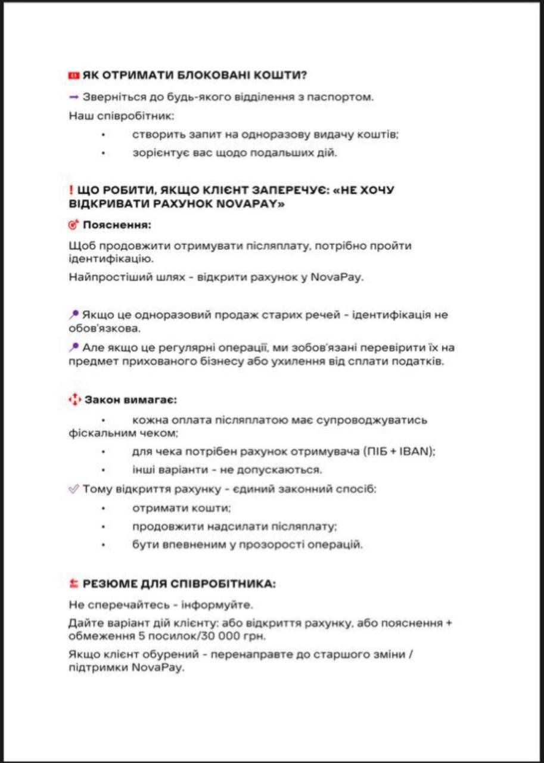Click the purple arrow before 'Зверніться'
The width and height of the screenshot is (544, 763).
pos(74,97)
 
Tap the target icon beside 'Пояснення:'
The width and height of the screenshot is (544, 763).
pos(74,225)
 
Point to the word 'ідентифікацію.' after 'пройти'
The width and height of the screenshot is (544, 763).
pos(102,259)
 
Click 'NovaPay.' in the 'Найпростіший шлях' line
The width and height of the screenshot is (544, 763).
pos(336,277)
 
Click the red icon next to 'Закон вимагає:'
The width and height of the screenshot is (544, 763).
pos(74,400)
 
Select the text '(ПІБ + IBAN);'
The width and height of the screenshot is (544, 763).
pos(399,451)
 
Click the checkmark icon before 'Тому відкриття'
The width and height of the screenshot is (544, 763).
pos(74,489)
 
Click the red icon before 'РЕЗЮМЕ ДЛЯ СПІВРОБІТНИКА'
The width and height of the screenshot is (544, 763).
pos(74,584)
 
